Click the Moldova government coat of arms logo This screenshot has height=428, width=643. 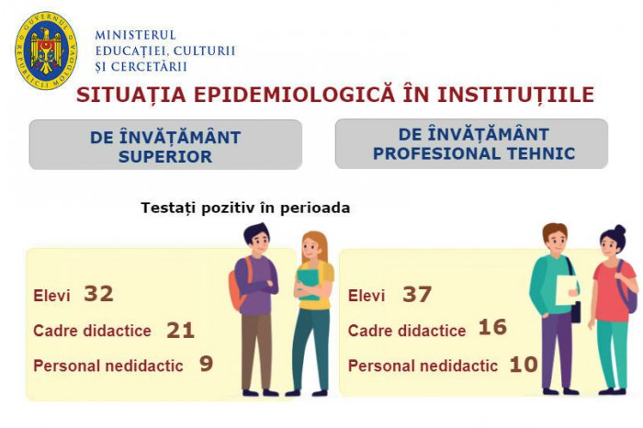tap(46, 51)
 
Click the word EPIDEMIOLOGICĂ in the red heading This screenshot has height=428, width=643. tap(294, 94)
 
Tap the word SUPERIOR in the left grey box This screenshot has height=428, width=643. tap(165, 157)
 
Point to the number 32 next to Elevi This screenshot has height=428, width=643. tap(98, 294)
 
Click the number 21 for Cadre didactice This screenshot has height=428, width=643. tap(180, 331)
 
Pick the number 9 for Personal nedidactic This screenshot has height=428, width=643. tap(207, 364)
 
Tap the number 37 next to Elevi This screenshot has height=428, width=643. tap(417, 294)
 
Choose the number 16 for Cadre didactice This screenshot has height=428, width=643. tap(492, 327)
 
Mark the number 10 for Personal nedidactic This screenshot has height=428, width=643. tap(524, 364)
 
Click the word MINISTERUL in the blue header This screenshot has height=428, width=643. tap(136, 35)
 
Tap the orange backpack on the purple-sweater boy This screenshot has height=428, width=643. tap(238, 285)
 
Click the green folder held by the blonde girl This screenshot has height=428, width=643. tap(308, 283)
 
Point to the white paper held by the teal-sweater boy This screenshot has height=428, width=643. tap(567, 290)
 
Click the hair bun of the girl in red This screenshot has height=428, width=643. tap(620, 230)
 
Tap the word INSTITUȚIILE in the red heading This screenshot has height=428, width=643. tap(516, 94)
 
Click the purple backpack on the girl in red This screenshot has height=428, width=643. tap(627, 287)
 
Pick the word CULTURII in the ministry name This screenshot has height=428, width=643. tap(204, 51)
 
